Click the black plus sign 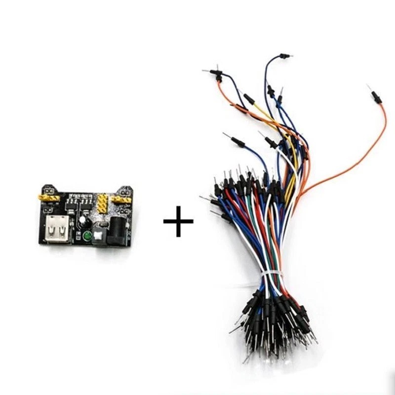click(178, 222)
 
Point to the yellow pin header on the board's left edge click(48, 198)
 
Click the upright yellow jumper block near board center click(102, 203)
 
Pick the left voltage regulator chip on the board click(73, 201)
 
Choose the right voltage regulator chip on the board click(87, 201)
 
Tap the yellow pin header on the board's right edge click(120, 199)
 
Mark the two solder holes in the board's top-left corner click(48, 190)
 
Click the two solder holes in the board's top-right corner click(124, 190)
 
